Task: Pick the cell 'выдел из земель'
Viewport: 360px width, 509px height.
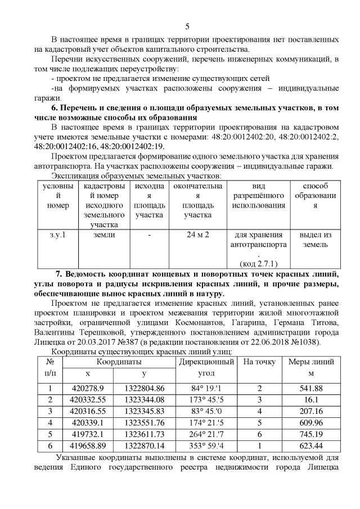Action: coord(315,240)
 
